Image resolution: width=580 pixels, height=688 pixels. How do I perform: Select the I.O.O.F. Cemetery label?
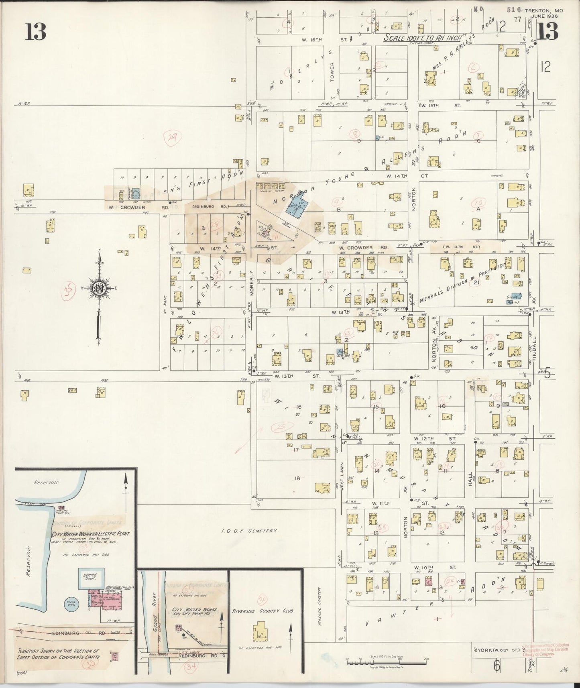pos(249,531)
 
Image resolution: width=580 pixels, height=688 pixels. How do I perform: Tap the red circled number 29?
pos(173,138)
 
